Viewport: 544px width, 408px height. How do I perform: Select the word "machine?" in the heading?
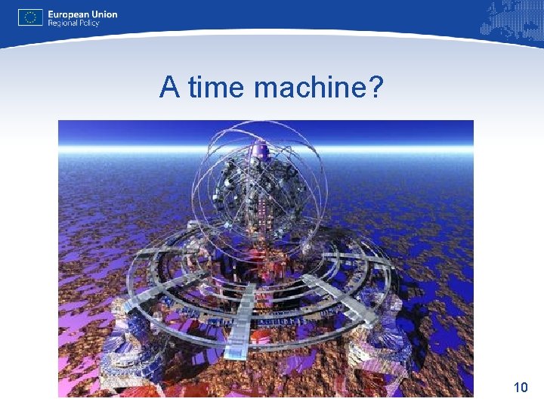point(320,88)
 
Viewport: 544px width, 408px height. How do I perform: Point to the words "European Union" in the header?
point(82,14)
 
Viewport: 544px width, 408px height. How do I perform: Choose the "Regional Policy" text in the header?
point(73,23)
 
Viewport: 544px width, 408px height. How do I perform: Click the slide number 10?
point(520,388)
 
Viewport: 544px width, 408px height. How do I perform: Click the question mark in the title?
point(376,88)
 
